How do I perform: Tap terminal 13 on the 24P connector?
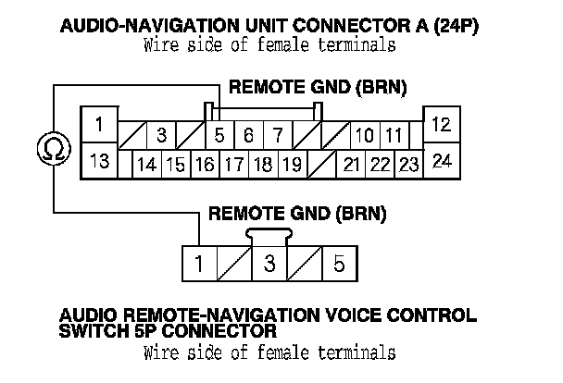pos(99,160)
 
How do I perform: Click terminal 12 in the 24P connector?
pos(442,124)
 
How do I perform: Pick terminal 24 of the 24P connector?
pos(442,160)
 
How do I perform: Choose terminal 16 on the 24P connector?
pos(205,166)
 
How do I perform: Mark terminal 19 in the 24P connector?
pos(291,166)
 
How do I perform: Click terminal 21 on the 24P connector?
pos(351,166)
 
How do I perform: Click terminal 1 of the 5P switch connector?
pos(198,264)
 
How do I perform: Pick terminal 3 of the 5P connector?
pos(269,264)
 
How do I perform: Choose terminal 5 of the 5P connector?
pos(339,264)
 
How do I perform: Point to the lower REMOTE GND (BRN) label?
pos(297,215)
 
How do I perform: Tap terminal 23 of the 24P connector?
pos(408,166)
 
